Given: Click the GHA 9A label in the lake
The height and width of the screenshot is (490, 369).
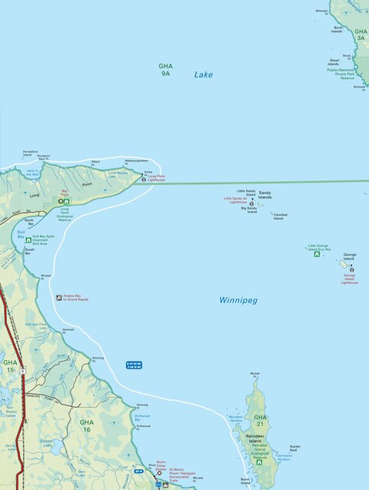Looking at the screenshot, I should coord(165,69).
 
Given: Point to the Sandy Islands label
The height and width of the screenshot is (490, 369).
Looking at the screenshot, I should coord(264,195).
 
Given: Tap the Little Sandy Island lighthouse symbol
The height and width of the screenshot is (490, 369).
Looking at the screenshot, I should coord(251,204).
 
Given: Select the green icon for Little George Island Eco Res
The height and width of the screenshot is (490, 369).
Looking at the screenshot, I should coord(316,255).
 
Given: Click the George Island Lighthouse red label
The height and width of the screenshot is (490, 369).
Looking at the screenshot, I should coord(351,279).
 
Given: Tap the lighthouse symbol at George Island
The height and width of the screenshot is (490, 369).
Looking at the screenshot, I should coord(351,270).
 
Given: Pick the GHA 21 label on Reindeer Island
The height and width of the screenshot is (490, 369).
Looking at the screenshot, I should coord(261,421).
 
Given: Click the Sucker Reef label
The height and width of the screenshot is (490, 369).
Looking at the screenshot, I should coord(295,448).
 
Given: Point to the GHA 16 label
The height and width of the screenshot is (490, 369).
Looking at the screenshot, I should coord(86,425).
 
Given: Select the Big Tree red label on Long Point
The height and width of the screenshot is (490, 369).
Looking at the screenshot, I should coord(65,193).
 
